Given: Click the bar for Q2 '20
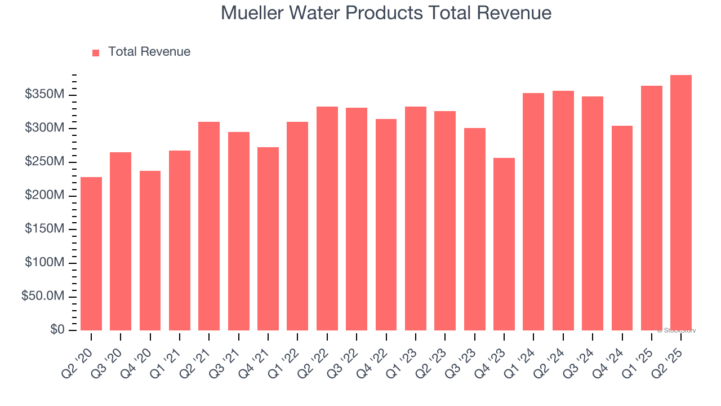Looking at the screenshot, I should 91,254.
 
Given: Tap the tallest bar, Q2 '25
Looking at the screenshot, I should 681,203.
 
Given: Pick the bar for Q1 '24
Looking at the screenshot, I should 533,212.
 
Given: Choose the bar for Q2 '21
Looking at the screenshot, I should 209,226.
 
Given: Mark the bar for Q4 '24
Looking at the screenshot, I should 622,228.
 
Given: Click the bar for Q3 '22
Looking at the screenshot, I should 357,219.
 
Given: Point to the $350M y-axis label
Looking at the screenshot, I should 44,94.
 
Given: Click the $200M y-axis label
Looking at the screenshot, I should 44,196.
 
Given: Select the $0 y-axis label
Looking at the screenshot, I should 56,330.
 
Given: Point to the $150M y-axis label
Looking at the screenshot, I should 44,230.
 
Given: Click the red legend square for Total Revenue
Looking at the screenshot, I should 96,52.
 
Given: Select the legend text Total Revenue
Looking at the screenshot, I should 149,52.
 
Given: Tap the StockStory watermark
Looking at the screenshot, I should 677,330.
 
